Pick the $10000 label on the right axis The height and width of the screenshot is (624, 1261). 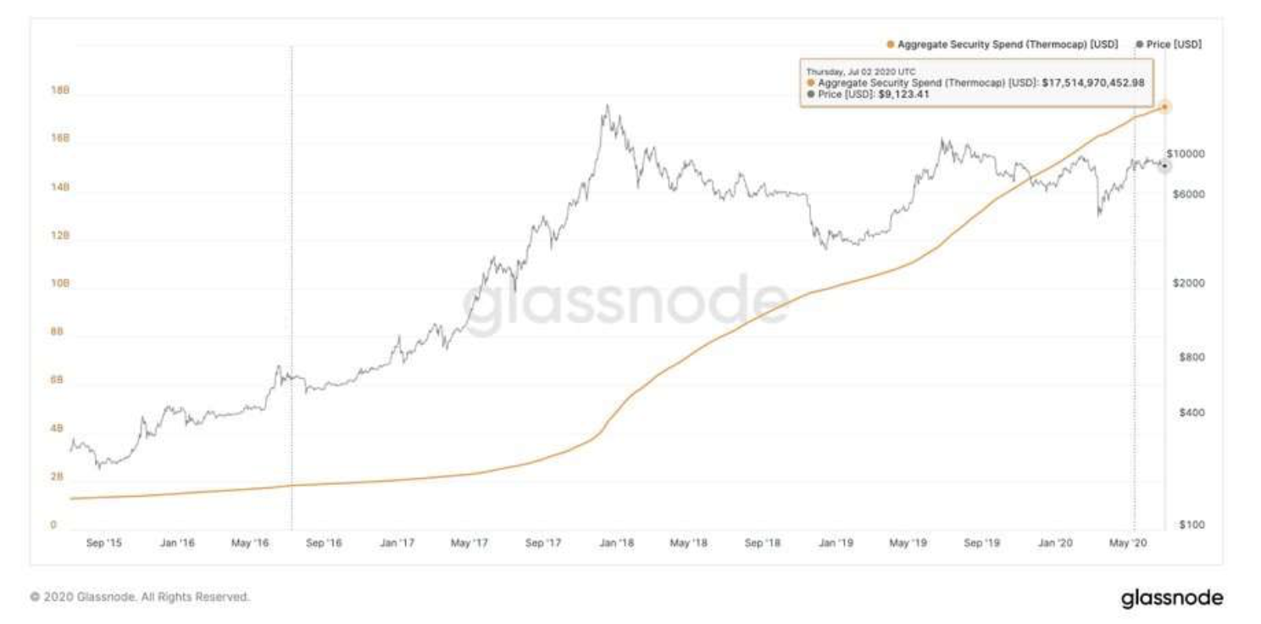pos(1186,153)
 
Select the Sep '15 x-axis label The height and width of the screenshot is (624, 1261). pos(104,543)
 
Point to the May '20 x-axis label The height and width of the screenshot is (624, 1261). pos(1127,543)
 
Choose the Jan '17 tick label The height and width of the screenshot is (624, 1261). pos(397,543)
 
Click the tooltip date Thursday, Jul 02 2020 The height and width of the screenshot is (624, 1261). pos(859,72)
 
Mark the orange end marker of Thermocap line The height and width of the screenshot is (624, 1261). pos(1165,107)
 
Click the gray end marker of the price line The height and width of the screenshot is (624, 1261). pos(1164,165)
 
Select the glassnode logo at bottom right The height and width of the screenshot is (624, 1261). pos(1172,598)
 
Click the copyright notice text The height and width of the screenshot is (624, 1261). pos(140,597)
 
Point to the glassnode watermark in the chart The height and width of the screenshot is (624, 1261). pos(625,304)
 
